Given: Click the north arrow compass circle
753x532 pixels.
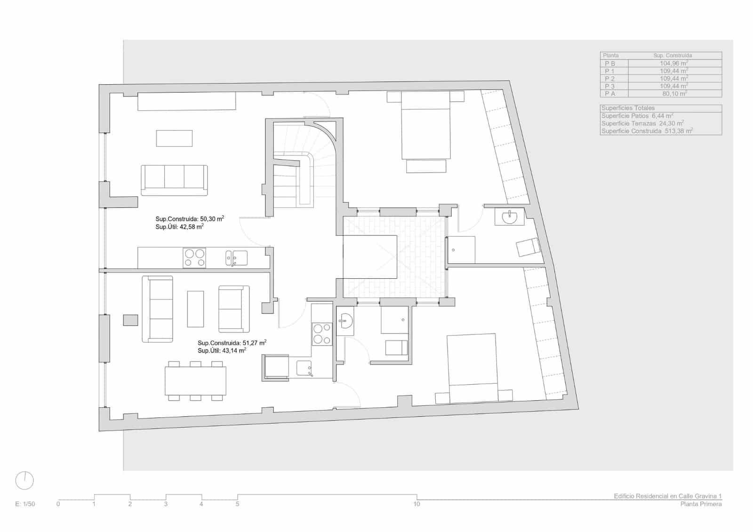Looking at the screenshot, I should [24, 481].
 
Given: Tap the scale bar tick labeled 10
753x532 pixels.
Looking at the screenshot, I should [417, 504].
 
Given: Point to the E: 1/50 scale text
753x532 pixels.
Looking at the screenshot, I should [25, 504].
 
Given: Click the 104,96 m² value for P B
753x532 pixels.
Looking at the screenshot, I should [673, 63].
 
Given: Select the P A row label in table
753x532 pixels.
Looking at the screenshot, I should [610, 94].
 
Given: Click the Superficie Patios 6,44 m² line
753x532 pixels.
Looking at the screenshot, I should [637, 116].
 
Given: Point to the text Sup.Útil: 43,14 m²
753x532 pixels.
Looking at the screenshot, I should [222, 351].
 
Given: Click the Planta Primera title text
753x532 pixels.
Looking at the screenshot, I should [700, 504].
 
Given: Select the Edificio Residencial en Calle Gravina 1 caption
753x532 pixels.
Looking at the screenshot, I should [667, 496].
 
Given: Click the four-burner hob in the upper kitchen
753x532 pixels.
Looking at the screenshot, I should [194, 258].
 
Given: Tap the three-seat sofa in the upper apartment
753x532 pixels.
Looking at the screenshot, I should [174, 180].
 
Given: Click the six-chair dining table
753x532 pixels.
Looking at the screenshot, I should [195, 381].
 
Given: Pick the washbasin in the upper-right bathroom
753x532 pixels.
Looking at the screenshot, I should [509, 217].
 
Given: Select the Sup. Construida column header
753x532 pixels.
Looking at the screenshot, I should [673, 56].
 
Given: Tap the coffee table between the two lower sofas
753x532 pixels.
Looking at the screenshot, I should [195, 309].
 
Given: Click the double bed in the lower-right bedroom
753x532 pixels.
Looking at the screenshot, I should [472, 367].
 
